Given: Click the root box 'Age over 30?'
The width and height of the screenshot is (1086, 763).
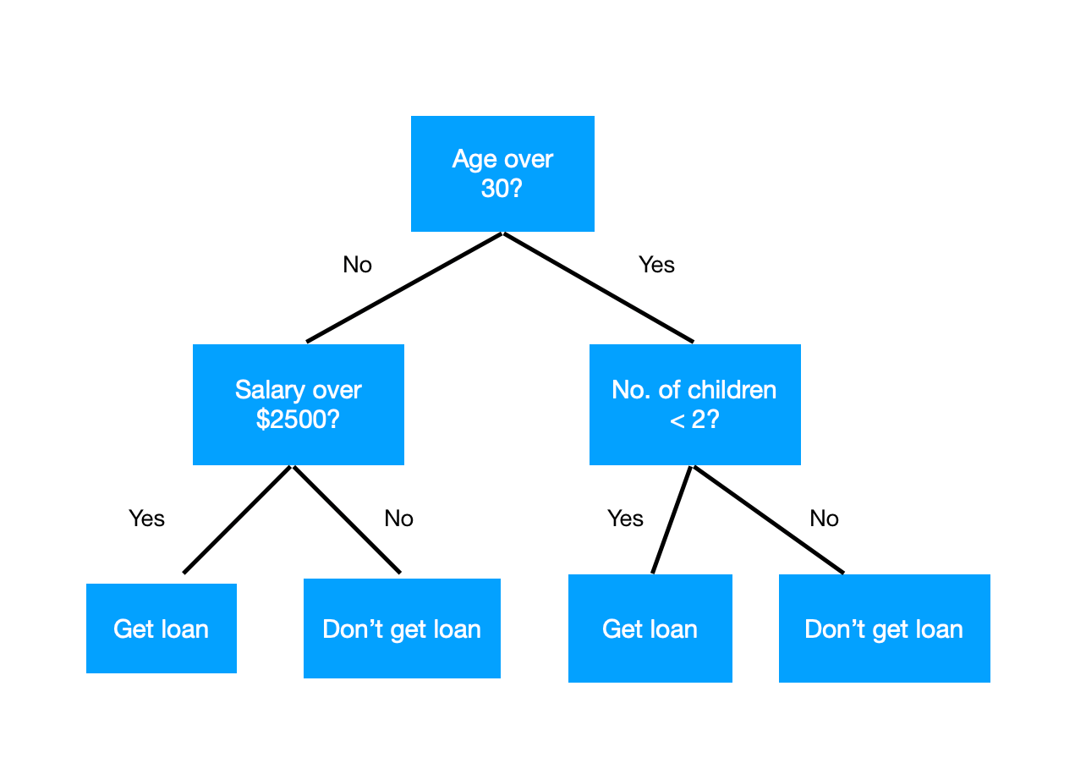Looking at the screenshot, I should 502,173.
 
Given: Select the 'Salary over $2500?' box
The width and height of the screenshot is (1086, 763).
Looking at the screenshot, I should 298,404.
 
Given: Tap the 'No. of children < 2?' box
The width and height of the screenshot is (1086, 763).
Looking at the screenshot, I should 694,404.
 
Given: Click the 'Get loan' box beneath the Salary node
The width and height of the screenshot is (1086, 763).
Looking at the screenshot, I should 161,629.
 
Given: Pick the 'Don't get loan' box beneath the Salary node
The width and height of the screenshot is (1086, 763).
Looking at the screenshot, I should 402,629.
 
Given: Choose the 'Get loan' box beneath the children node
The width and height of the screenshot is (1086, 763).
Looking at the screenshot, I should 650,629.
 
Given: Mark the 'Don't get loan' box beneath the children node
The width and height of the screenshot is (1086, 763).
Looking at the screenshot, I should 884,629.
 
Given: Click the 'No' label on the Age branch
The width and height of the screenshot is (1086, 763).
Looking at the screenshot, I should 357,265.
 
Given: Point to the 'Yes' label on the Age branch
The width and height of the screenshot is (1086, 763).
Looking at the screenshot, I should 656,265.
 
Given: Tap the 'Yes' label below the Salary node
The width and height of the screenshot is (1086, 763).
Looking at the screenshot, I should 146,518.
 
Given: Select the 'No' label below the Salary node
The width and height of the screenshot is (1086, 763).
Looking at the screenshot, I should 398,518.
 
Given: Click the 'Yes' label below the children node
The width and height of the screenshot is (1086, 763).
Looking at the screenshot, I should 625,518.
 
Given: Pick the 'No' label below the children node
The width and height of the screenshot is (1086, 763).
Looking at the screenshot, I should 824,518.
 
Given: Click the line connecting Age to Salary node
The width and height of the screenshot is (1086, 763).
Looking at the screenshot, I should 404,288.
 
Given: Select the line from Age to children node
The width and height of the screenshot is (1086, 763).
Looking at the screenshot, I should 598,288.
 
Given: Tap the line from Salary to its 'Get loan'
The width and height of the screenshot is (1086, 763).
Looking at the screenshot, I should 238,519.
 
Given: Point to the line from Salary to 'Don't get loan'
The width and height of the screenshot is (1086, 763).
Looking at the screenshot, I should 347,519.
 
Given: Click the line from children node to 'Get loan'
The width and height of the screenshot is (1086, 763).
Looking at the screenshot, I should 672,519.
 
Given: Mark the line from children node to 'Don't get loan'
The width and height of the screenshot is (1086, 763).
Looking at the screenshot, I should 767,519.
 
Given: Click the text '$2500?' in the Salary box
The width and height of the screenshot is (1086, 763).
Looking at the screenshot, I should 298,419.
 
